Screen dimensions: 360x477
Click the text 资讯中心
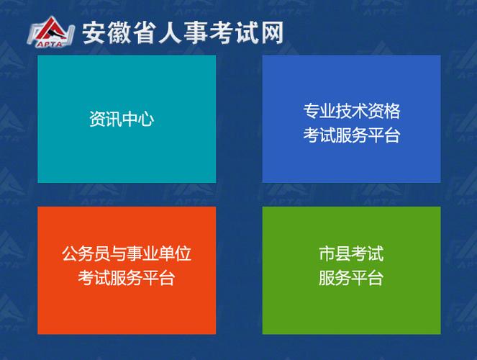(122, 119)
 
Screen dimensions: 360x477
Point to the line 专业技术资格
(351, 111)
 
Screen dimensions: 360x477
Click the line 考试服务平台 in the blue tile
(351, 135)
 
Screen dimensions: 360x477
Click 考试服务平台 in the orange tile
(127, 278)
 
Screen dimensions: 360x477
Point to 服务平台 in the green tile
(351, 278)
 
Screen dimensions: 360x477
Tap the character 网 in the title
(272, 33)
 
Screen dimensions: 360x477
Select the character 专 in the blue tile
(311, 111)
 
